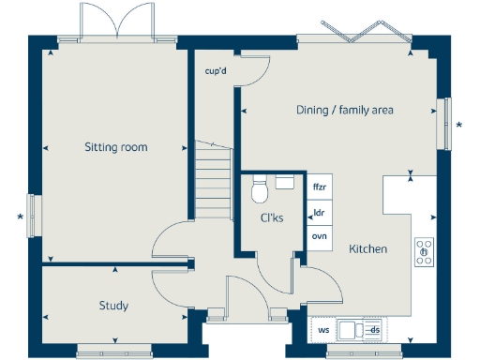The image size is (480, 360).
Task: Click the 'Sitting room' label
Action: [x=116, y=147]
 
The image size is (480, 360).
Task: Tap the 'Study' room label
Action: [x=113, y=306]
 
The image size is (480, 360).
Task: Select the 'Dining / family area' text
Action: [x=344, y=111]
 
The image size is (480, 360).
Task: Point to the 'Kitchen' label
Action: [x=367, y=249]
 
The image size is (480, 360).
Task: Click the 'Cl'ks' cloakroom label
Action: [x=272, y=218]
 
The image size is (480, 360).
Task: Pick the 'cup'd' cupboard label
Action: [x=217, y=70]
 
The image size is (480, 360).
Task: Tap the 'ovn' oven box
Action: [x=319, y=236]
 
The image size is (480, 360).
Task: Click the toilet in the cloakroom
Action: [x=262, y=191]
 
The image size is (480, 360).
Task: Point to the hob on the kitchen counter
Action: [x=424, y=250]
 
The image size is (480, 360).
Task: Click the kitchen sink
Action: [x=353, y=329]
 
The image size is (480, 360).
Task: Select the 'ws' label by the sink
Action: [x=323, y=330]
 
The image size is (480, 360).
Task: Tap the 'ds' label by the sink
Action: [x=373, y=330]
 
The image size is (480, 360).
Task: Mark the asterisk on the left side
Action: [x=21, y=218]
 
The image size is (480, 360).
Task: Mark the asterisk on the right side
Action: [x=459, y=125]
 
